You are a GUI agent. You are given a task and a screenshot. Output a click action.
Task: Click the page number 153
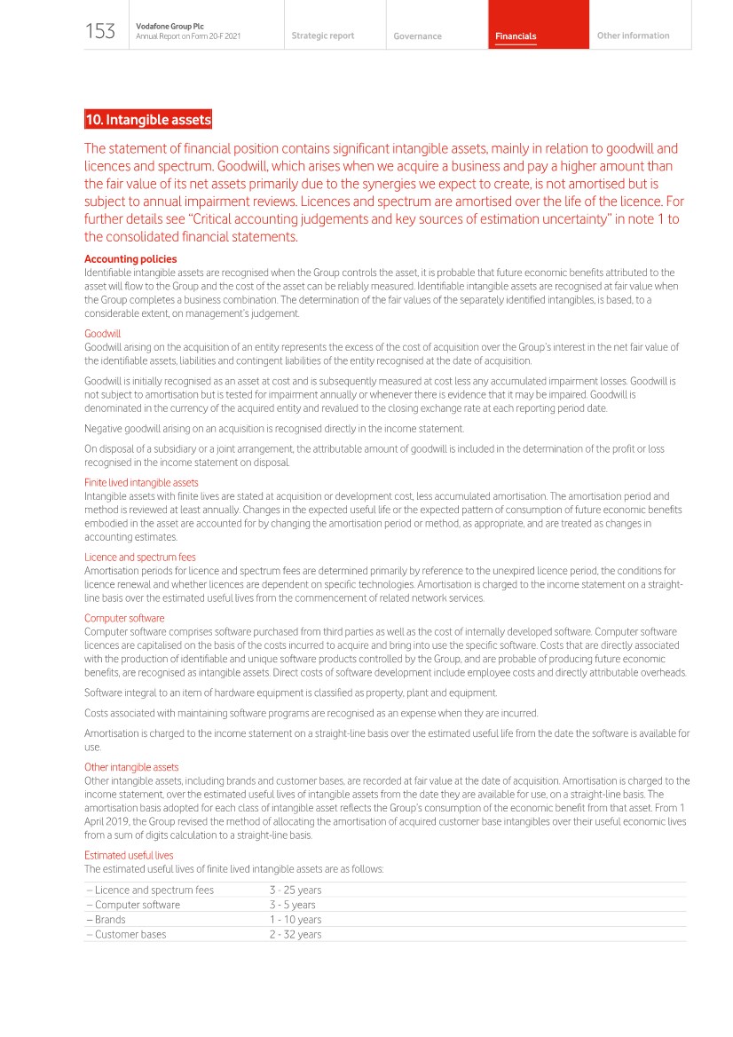100,32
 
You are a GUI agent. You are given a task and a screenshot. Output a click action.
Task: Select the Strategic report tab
322,36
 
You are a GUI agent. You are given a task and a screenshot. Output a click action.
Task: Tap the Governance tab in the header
417,36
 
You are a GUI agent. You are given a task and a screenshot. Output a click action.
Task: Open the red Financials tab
516,36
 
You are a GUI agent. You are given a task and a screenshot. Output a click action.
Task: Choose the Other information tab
633,36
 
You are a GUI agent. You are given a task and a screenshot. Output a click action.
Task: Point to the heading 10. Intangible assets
148,120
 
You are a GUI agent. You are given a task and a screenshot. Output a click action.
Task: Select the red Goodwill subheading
102,334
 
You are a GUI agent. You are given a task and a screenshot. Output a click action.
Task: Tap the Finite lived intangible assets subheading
141,483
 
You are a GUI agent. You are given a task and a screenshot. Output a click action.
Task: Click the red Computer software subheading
124,618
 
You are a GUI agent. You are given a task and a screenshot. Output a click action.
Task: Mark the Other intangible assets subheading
131,767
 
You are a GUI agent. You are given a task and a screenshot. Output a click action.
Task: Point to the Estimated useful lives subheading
129,855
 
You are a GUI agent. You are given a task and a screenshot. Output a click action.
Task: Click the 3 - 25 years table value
296,891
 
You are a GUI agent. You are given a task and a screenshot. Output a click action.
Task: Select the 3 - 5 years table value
292,905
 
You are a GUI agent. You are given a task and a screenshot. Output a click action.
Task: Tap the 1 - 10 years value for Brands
296,920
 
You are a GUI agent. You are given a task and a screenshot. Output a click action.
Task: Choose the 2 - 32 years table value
296,934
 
